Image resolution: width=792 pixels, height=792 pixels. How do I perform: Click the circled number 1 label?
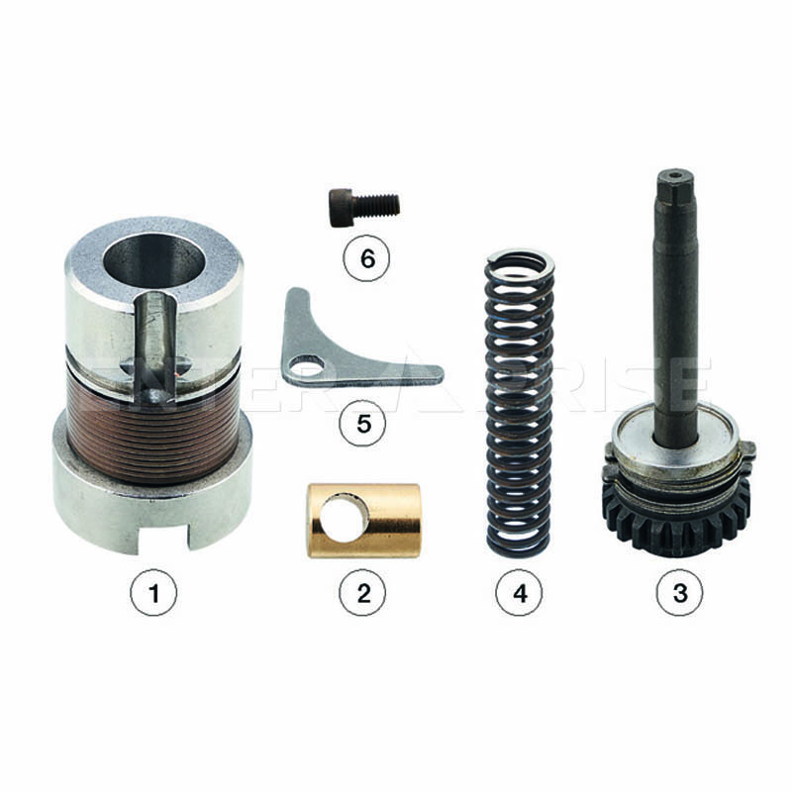(x=153, y=592)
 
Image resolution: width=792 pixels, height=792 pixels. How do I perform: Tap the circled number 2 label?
(x=362, y=592)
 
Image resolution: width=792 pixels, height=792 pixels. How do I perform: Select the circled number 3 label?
(x=679, y=592)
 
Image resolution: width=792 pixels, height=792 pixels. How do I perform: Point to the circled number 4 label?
(x=519, y=592)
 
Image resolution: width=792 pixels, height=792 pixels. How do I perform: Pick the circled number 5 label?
(x=362, y=423)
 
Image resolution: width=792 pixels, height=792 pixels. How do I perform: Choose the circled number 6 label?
(x=366, y=258)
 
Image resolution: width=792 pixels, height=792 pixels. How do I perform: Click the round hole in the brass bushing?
(x=342, y=517)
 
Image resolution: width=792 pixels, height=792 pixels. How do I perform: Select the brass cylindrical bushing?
(x=363, y=521)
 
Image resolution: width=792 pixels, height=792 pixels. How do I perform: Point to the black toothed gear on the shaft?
(x=677, y=521)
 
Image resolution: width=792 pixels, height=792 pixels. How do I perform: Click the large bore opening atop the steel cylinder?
(x=152, y=262)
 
